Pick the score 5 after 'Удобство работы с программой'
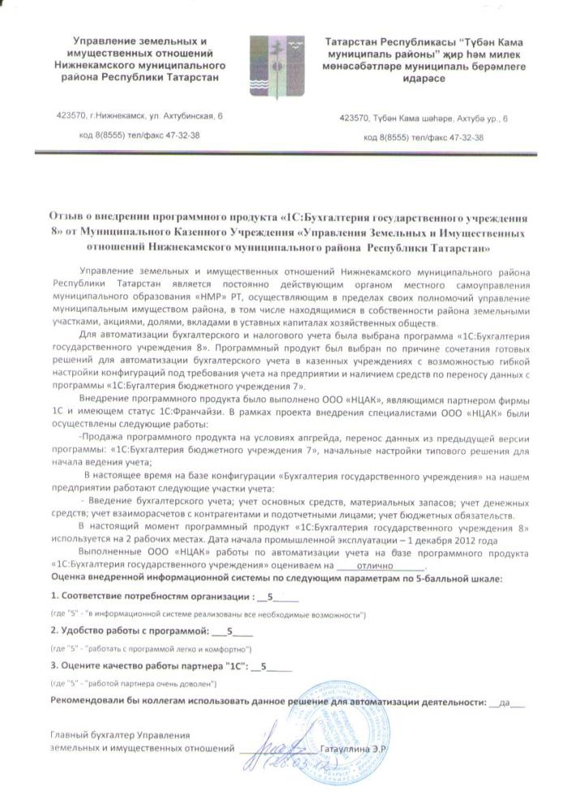pos(230,631)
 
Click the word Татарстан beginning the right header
pos(355,40)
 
